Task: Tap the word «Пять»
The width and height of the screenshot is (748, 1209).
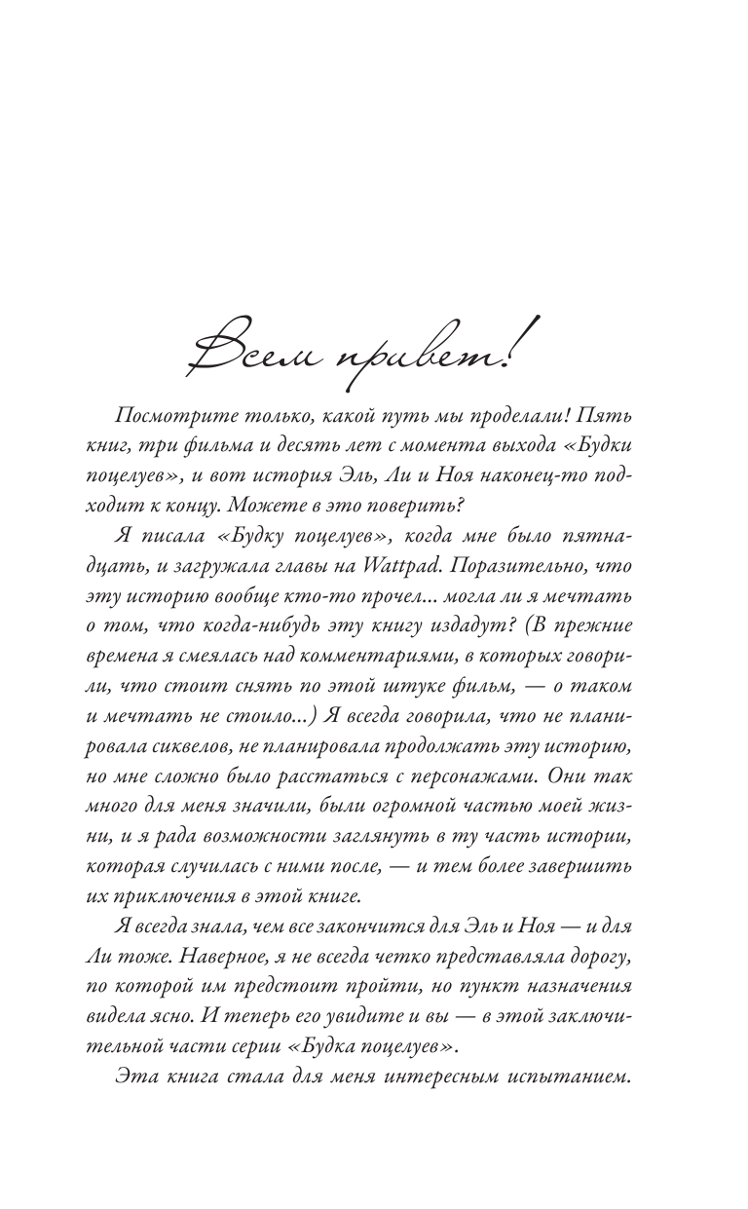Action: coord(610,417)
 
